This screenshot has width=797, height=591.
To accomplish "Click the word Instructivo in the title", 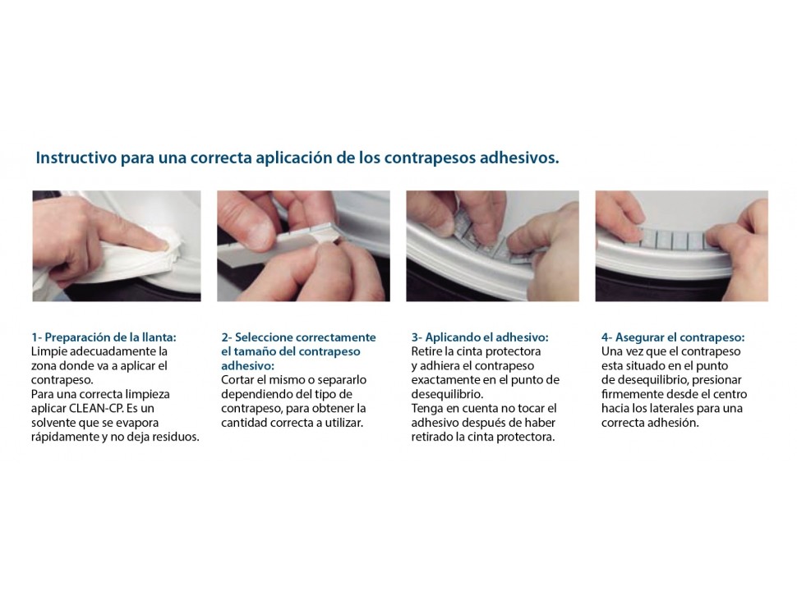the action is tap(76, 158).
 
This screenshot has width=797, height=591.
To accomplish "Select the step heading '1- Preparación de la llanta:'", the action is tap(104, 337).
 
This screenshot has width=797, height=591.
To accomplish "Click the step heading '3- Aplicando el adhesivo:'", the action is tap(480, 337).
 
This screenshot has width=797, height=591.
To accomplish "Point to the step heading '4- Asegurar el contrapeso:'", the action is tap(673, 337).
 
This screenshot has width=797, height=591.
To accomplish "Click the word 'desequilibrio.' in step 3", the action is tap(447, 394).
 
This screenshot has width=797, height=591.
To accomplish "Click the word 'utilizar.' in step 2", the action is tap(344, 423).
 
